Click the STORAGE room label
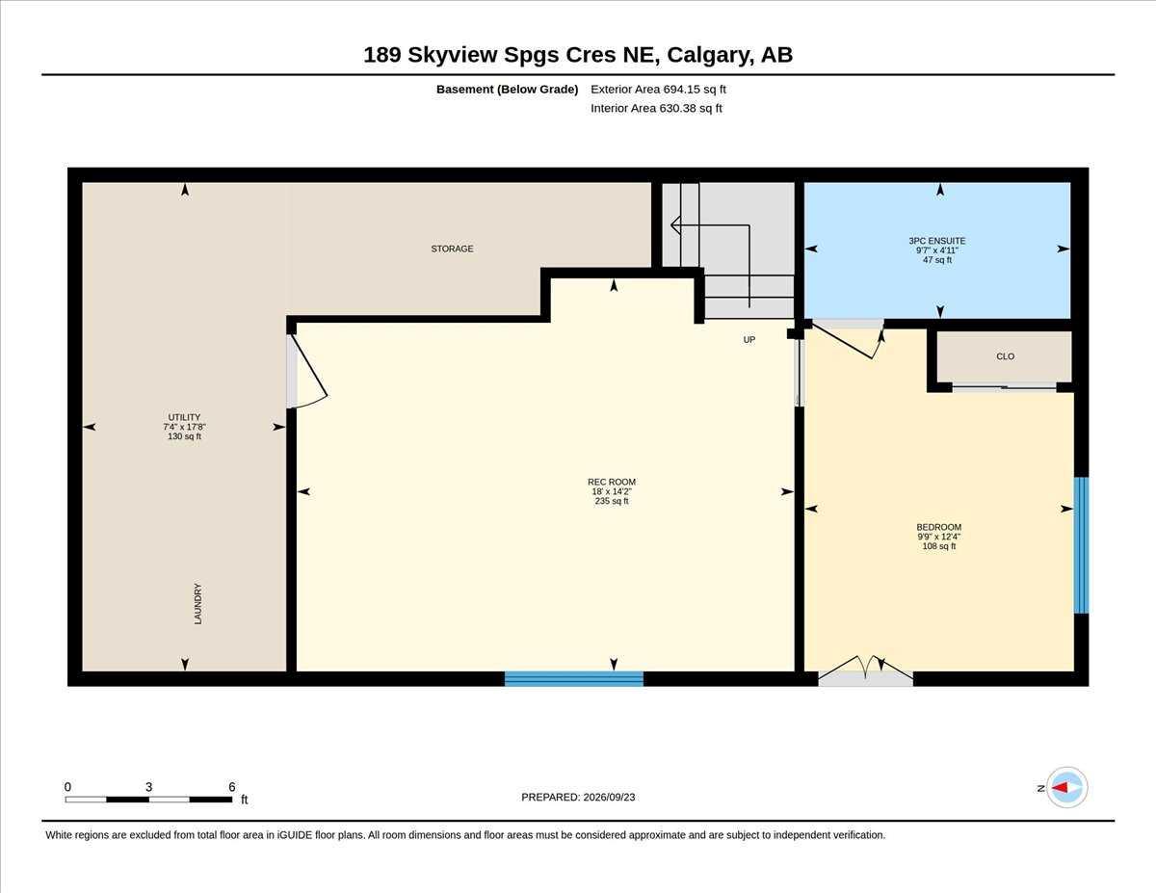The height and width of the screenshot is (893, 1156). coord(452,249)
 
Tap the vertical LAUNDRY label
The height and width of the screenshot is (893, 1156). coord(197,604)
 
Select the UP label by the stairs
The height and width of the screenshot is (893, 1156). coord(749,339)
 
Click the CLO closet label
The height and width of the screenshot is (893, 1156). coord(1005,356)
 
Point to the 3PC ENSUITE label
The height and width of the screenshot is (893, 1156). coord(936,241)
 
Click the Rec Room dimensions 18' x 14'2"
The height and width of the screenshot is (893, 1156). coord(612,491)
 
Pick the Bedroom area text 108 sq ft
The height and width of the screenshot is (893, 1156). coord(939,546)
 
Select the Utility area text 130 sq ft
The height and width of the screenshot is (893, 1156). coord(184,436)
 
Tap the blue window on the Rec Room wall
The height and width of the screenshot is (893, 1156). coord(574,679)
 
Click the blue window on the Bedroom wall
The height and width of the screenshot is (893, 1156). coord(1081,545)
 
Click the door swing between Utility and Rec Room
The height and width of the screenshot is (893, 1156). coord(308,372)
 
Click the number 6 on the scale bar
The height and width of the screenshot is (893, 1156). coord(232,787)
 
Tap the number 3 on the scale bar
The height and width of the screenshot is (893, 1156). coord(149,787)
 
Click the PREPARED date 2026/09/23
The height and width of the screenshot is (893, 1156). coord(609,797)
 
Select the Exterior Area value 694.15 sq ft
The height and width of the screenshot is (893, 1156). coord(695,90)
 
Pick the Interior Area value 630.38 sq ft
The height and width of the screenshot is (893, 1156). coord(691,109)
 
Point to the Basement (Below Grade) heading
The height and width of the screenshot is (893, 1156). coord(507,90)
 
